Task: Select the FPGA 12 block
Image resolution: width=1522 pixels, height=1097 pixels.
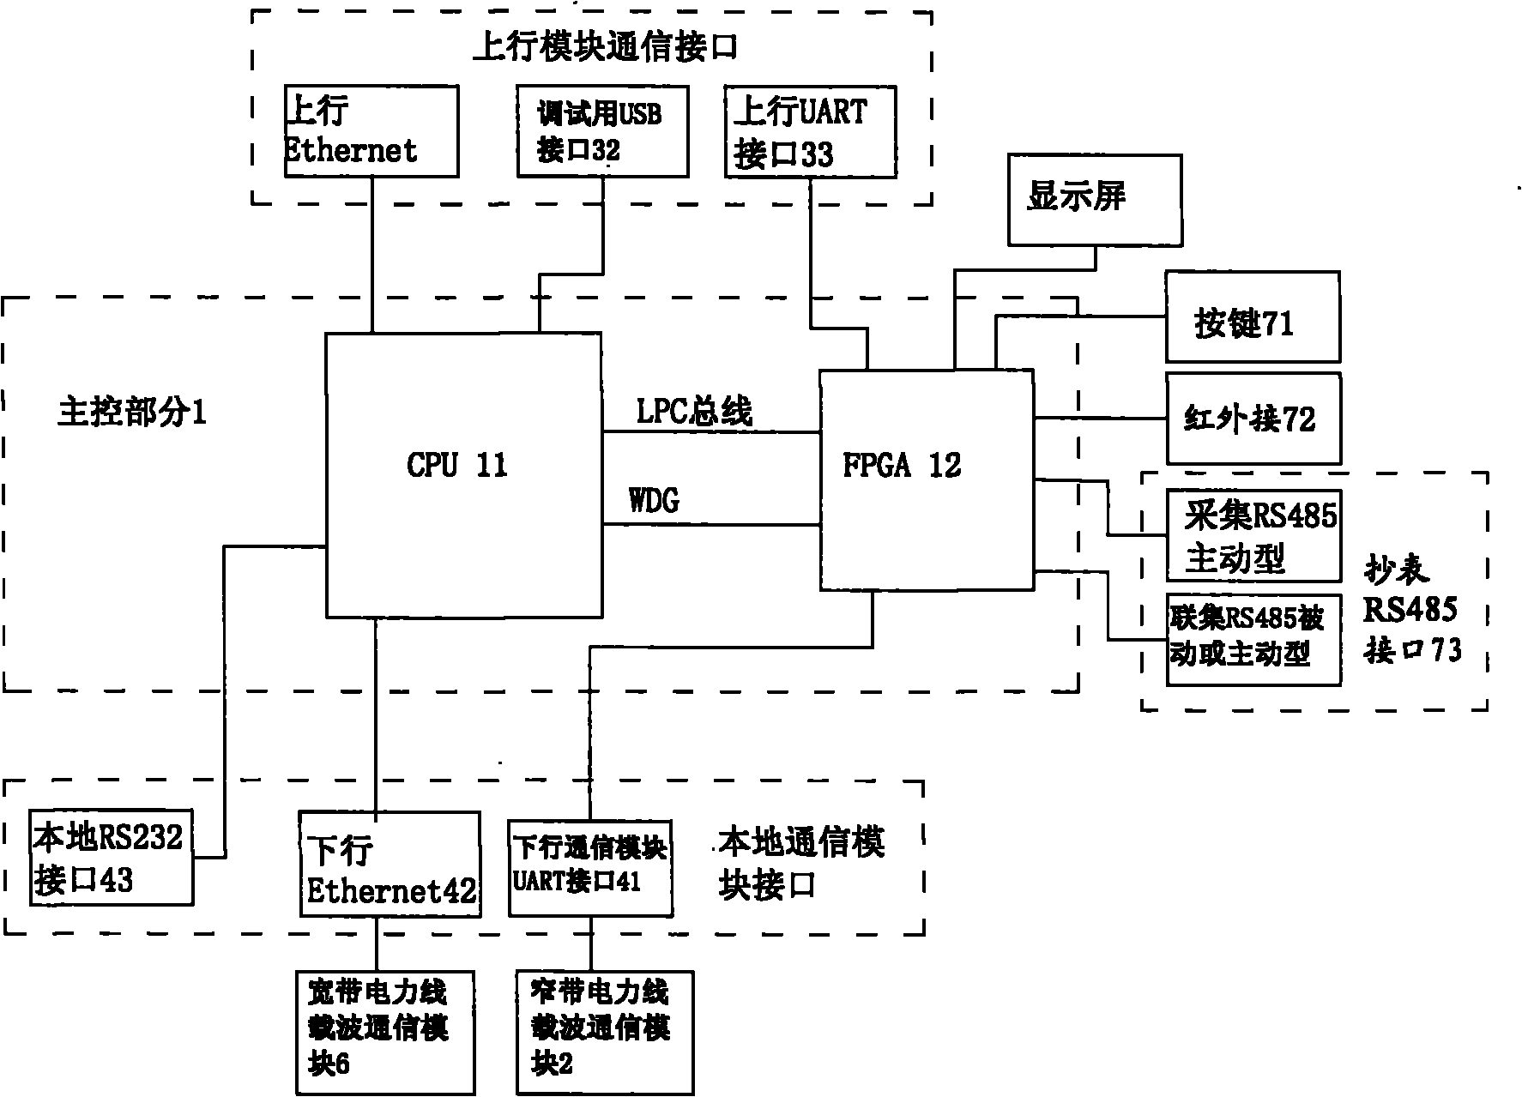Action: [926, 480]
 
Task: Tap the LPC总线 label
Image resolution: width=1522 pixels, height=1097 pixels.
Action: [693, 412]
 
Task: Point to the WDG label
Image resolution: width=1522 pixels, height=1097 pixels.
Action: [655, 500]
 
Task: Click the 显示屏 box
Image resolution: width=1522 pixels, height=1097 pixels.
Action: [1094, 200]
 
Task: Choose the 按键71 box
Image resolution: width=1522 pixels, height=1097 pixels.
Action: [1252, 317]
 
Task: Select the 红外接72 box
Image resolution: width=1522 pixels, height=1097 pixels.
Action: [1252, 419]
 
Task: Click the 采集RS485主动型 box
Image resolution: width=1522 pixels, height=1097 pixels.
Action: [1253, 536]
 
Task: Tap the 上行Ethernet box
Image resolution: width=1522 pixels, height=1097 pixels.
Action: [371, 131]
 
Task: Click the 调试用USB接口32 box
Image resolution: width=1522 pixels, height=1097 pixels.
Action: [602, 131]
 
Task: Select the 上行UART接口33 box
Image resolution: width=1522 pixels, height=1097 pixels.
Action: [810, 132]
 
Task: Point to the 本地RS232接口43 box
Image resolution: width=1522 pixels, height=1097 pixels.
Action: [111, 857]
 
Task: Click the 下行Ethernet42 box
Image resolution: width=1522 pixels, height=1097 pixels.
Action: [389, 865]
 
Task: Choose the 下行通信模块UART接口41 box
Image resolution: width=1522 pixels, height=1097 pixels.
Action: [589, 868]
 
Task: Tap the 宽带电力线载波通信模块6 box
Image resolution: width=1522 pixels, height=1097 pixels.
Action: [385, 1033]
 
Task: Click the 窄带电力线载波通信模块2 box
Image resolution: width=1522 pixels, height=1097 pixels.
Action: [604, 1033]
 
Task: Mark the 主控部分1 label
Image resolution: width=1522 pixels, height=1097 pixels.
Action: [132, 413]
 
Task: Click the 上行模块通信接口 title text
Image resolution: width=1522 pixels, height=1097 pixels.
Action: [605, 48]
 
